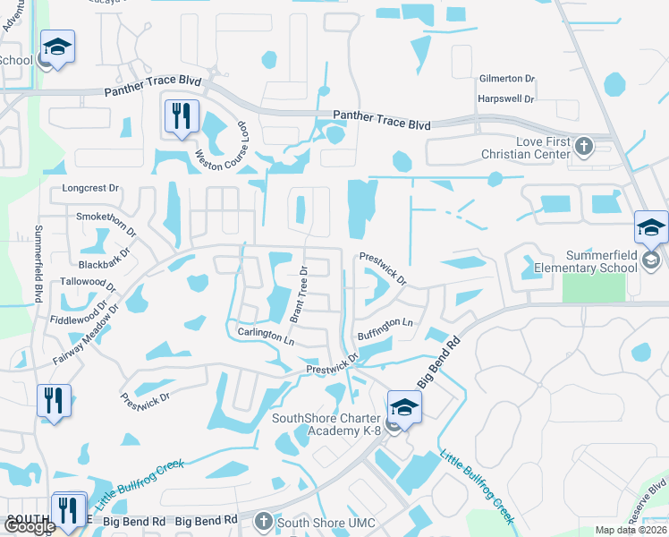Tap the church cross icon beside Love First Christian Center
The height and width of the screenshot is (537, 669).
583,147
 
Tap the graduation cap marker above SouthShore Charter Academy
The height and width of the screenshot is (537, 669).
405,406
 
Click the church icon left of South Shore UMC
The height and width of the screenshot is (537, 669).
263,521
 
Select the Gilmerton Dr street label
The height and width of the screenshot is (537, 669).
506,79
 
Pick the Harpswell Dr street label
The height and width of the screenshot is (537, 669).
506,98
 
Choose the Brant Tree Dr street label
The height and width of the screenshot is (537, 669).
298,294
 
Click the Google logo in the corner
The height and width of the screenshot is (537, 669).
30,526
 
